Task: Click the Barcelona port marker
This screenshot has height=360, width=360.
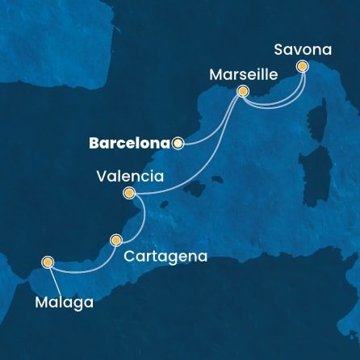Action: (178, 144)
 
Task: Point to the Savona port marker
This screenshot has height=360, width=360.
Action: (302, 66)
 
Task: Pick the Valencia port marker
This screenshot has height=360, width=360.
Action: (128, 193)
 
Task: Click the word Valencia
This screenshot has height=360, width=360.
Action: (130, 175)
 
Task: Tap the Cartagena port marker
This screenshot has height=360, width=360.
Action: (116, 240)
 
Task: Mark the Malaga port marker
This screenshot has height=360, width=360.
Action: (48, 262)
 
